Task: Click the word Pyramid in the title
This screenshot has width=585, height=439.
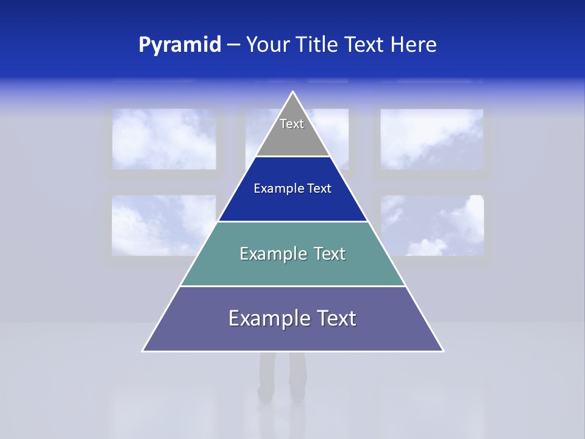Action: tap(180, 45)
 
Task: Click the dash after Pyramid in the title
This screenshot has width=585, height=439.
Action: tap(233, 45)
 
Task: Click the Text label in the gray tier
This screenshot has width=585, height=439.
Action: tap(292, 124)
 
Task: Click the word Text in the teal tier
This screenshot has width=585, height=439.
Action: tap(330, 254)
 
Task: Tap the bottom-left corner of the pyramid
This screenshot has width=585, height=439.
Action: tap(143, 351)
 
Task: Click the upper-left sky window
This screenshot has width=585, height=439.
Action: tap(164, 139)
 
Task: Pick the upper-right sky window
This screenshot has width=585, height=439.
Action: tap(432, 139)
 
